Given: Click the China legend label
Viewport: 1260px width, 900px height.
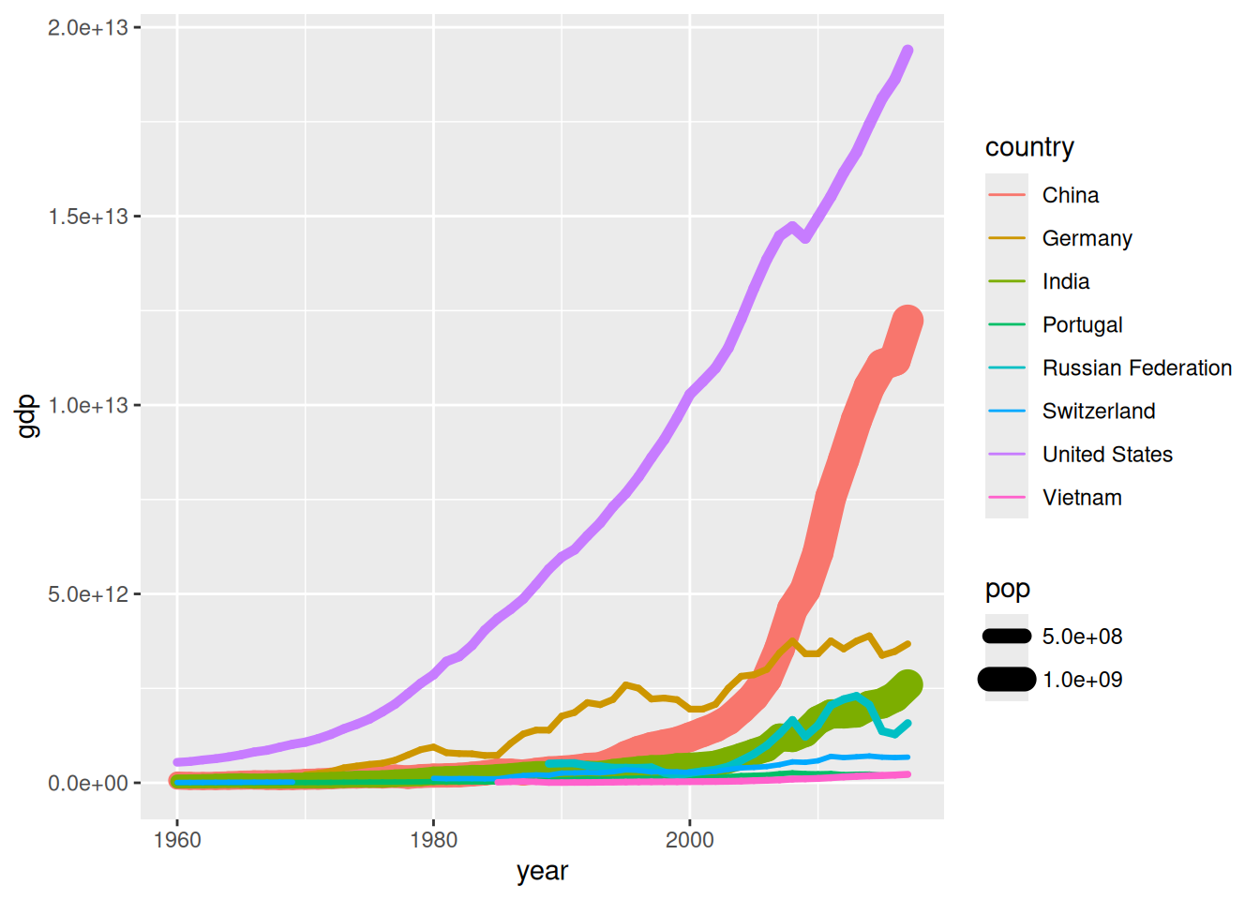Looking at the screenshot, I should [x=1070, y=195].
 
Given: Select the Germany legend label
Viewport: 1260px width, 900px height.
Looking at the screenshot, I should [x=1087, y=238].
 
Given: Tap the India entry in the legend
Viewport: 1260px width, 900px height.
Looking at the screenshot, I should [x=1066, y=281].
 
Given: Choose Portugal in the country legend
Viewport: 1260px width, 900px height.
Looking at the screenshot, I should [x=1082, y=324].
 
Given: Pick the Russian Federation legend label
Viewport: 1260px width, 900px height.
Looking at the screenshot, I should [x=1136, y=367].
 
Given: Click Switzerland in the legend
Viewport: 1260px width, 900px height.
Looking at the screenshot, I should [x=1098, y=411].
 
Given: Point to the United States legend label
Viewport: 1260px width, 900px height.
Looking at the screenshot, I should [x=1107, y=454].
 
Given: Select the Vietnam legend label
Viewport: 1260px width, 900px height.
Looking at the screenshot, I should [x=1082, y=497].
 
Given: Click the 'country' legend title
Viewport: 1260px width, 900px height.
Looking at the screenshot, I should [x=1029, y=147].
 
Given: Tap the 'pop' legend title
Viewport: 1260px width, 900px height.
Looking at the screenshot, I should [x=1008, y=589].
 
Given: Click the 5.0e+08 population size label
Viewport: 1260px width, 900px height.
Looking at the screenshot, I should [x=1082, y=637].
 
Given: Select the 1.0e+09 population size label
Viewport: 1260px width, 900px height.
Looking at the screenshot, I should [x=1082, y=680].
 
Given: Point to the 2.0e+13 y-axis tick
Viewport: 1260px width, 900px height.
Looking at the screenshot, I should [x=88, y=28].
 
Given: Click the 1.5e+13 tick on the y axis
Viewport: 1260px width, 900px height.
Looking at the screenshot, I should [x=88, y=217].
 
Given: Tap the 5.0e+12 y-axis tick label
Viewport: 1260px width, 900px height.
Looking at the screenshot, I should [x=88, y=594].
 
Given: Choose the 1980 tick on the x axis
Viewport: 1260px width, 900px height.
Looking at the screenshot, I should [x=433, y=839].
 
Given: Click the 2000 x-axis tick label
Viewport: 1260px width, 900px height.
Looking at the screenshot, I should [x=690, y=839].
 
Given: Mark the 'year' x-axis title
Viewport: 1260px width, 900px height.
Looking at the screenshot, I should [x=542, y=871].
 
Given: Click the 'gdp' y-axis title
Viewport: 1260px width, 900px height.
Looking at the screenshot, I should [x=28, y=416].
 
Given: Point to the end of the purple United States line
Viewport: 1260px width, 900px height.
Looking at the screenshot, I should [x=907, y=51].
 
